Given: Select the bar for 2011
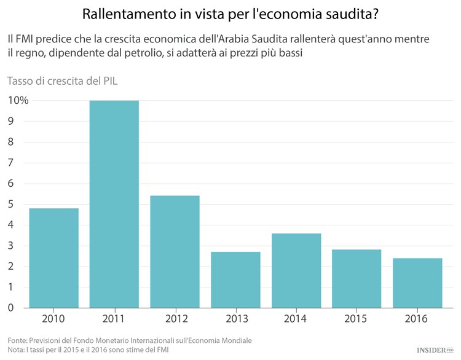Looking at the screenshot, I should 114,204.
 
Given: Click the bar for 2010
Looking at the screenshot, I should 53,258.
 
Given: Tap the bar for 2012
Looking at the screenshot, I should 175,252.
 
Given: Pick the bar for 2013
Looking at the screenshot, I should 235,280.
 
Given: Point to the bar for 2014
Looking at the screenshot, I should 296,270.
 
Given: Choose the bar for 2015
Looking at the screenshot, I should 357,279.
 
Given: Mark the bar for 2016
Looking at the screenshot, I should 418,283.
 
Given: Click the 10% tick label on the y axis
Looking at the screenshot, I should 18,100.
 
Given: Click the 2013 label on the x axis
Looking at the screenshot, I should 235,319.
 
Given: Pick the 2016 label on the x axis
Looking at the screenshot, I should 418,319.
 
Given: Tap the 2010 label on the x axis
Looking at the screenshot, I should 53,319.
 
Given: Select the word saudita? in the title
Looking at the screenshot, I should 351,14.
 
